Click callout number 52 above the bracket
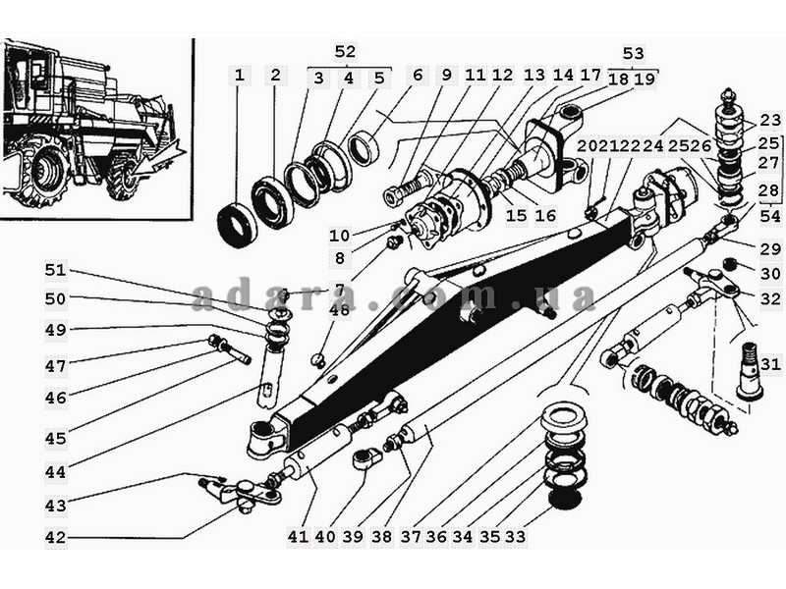[x=346, y=52]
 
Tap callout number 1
[x=240, y=76]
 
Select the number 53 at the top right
[x=633, y=53]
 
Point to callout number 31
[x=770, y=364]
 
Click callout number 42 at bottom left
[x=56, y=537]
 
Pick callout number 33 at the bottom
[x=515, y=536]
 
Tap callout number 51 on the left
[x=56, y=271]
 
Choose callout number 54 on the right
[x=770, y=216]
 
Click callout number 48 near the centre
[x=339, y=310]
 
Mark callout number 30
[x=770, y=274]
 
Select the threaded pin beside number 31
[x=751, y=371]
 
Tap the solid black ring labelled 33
[x=564, y=499]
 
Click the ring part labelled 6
[x=365, y=149]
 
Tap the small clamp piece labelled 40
[x=365, y=458]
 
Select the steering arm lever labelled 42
[x=244, y=494]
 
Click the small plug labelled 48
[x=318, y=358]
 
